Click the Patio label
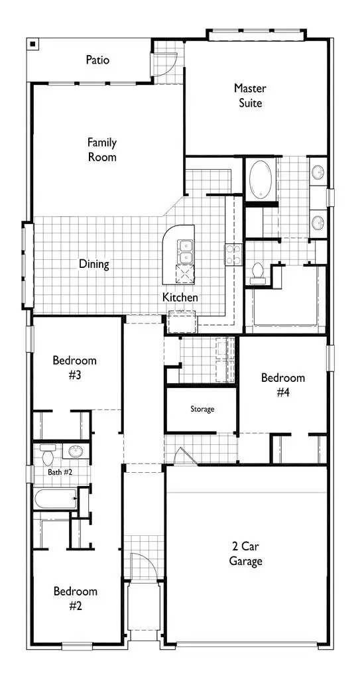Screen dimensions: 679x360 (97, 60)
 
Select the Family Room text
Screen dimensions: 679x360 (102, 150)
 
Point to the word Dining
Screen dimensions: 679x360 (94, 264)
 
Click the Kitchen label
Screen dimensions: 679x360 (180, 298)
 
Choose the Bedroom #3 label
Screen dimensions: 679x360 (75, 368)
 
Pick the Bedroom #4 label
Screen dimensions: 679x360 (283, 385)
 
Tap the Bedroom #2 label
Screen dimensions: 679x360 (76, 598)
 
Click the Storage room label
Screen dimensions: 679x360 (202, 409)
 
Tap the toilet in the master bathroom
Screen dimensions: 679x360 (257, 271)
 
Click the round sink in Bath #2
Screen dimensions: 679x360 (74, 453)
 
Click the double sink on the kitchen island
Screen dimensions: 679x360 (185, 251)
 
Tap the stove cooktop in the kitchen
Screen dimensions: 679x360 (233, 255)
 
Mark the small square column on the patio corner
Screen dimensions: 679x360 (32, 44)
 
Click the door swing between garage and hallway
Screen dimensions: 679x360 (182, 457)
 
